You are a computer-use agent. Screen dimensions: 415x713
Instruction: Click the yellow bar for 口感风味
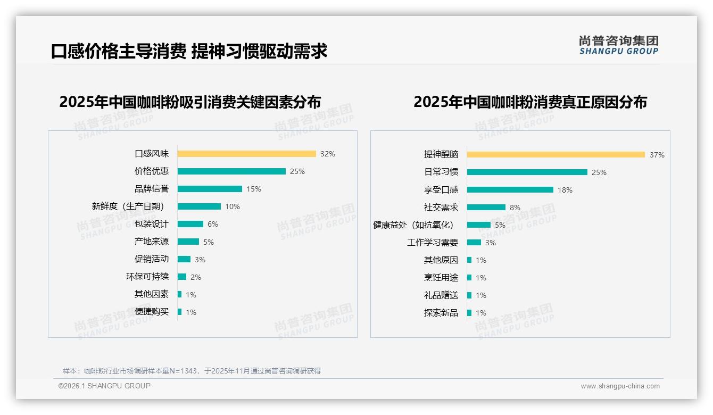coord(246,154)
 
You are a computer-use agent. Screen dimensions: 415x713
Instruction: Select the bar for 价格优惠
coord(231,171)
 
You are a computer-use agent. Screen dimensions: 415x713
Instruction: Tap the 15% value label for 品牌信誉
coord(253,189)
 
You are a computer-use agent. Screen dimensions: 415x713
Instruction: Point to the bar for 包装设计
coord(190,224)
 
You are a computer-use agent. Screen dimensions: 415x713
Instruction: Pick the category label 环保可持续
coord(147,277)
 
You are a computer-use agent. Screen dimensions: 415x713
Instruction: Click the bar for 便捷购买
coord(180,312)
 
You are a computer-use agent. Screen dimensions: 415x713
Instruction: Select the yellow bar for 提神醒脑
coord(556,155)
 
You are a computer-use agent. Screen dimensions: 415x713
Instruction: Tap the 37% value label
coord(657,155)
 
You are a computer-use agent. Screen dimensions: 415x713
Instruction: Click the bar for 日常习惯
coord(527,172)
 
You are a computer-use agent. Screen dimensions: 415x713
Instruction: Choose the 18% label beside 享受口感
coord(565,190)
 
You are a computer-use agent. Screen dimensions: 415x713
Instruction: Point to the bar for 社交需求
coord(486,207)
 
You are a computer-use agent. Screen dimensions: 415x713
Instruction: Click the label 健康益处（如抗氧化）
coord(413,225)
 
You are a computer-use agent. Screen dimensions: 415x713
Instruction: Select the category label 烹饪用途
coord(441,278)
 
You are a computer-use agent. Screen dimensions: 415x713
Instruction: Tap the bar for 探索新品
coord(469,313)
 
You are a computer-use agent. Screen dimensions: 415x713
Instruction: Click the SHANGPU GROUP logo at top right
coord(619,45)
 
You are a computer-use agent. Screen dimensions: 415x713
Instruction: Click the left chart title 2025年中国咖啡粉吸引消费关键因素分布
coord(190,102)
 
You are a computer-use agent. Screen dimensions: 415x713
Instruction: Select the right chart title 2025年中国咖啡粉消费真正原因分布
coord(530,102)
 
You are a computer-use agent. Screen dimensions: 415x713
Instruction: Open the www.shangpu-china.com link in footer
coord(620,386)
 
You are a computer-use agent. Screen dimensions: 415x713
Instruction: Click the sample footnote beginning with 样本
coord(192,371)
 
